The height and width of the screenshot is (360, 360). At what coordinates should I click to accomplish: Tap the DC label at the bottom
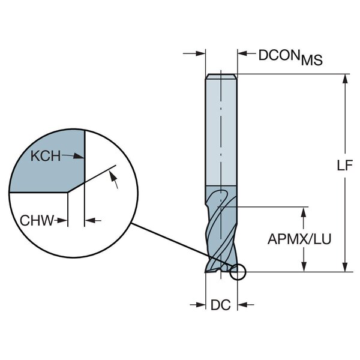tap(220, 305)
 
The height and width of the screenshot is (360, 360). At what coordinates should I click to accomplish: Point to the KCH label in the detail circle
tap(46, 156)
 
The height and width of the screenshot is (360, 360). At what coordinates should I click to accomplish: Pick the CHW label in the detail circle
tap(37, 221)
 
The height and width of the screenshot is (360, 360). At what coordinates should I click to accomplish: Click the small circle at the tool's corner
tap(238, 273)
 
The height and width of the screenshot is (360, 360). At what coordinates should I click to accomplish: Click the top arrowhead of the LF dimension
tap(345, 79)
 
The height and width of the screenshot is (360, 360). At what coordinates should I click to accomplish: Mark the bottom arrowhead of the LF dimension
tap(345, 268)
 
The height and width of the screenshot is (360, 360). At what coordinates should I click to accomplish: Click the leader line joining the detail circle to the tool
tap(180, 246)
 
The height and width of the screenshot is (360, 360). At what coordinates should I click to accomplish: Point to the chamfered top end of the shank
tap(221, 76)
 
